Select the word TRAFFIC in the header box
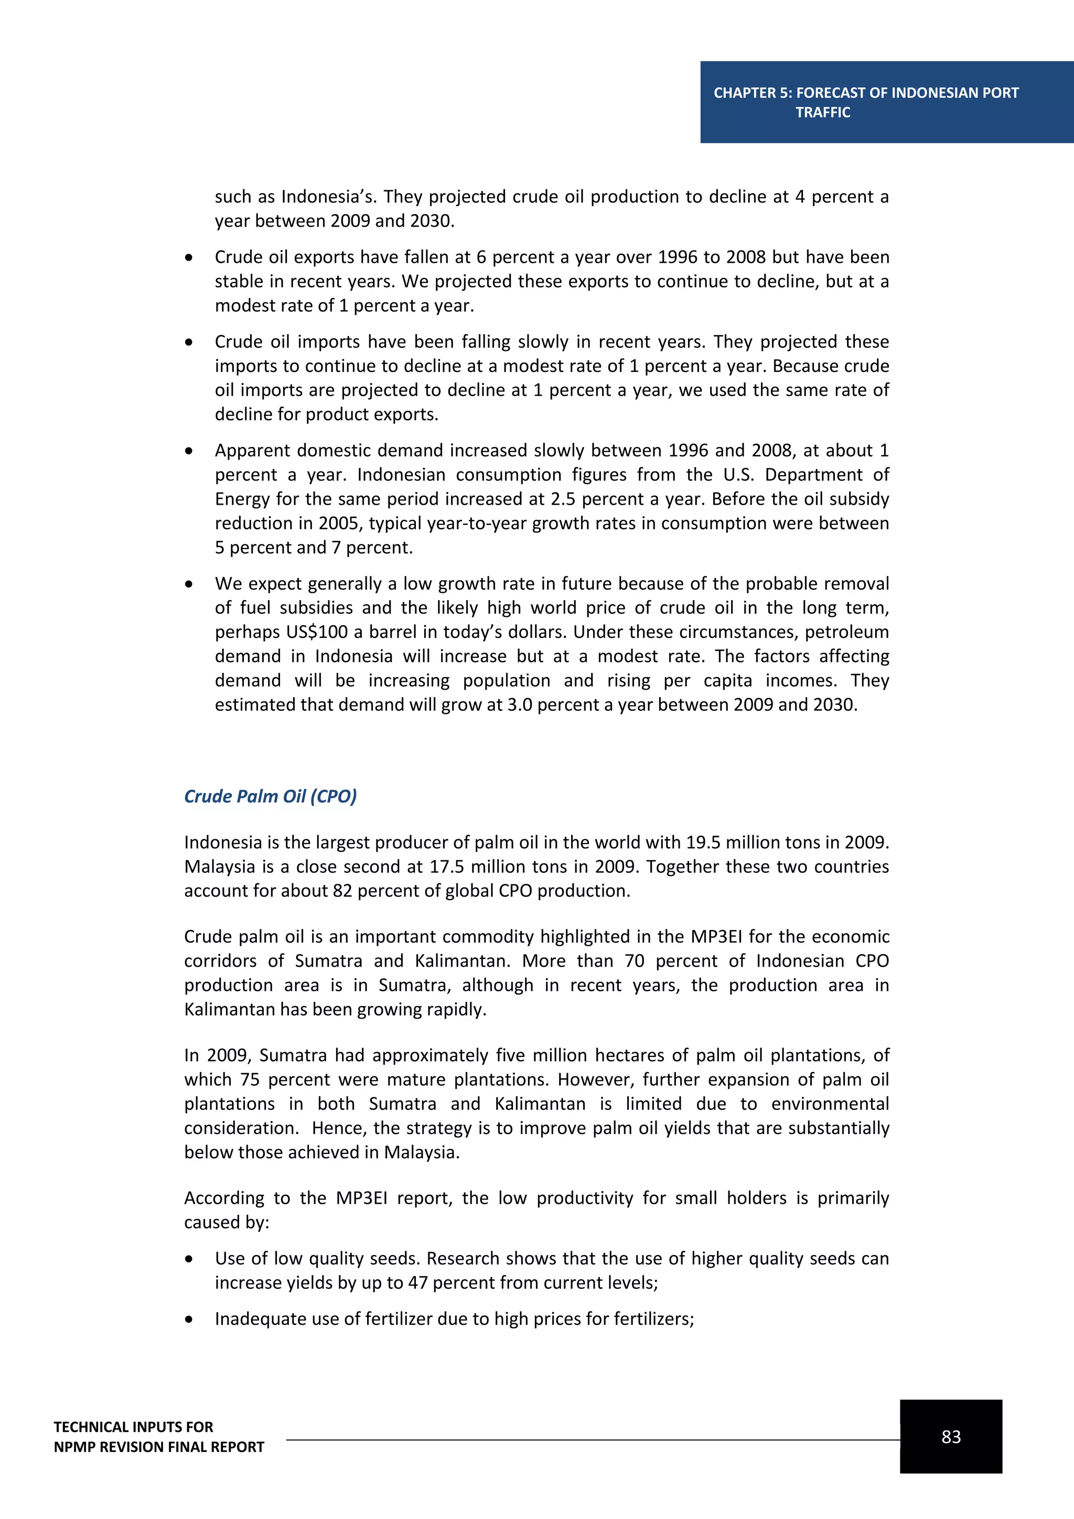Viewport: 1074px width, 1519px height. pos(823,112)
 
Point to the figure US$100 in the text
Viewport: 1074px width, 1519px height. pos(317,632)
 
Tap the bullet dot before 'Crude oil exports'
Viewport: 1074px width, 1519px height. pos(189,258)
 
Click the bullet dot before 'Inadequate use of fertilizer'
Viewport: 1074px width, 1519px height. pos(189,1319)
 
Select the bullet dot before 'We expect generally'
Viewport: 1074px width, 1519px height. pos(189,584)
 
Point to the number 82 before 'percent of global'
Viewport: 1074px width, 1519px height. pos(342,891)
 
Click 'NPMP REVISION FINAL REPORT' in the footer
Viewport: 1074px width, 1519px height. pos(159,1447)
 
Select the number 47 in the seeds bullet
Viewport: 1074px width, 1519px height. pos(417,1283)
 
